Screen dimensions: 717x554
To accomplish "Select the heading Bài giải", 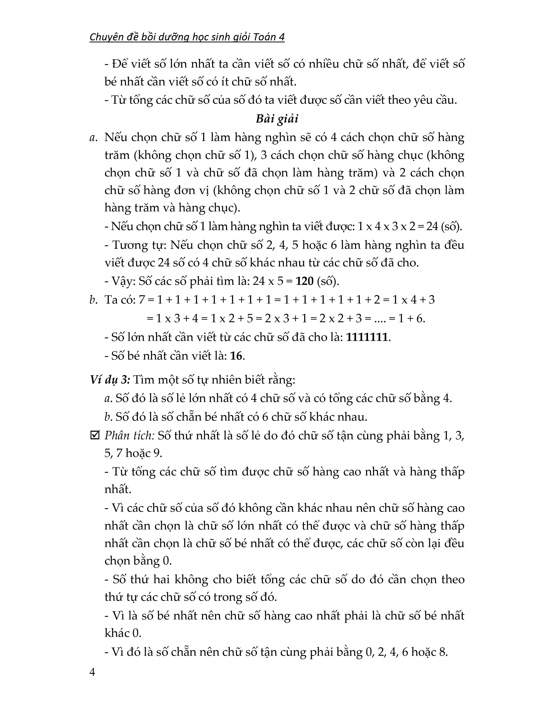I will point(277,118).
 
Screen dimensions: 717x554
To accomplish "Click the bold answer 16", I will point(236,355).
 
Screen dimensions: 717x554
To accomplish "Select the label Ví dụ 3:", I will point(110,380).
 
